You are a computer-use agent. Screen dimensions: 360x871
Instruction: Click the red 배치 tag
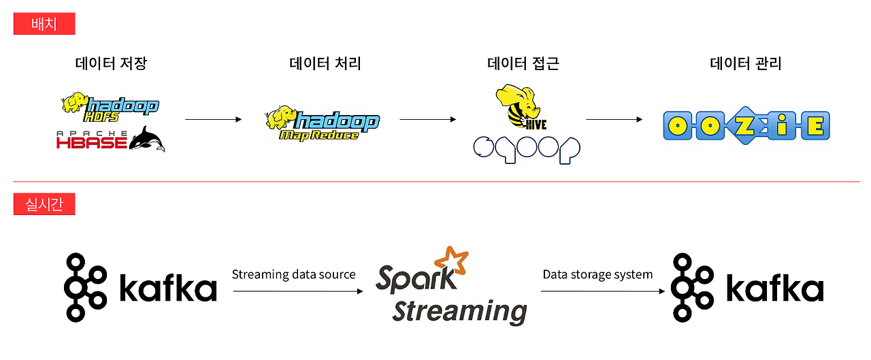coord(44,24)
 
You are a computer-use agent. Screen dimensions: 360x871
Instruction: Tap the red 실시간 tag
coord(44,203)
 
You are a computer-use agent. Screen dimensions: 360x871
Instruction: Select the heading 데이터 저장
coord(111,64)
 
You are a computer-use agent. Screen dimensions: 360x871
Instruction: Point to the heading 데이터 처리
coord(325,64)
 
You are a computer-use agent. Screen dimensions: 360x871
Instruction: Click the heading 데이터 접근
coord(523,64)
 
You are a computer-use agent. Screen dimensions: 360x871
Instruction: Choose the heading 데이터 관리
coord(746,64)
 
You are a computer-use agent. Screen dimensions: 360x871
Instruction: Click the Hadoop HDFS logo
coord(110,105)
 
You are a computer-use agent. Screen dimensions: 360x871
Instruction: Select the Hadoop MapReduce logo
coord(322,123)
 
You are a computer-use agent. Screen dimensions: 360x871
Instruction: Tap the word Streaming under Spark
coord(460,310)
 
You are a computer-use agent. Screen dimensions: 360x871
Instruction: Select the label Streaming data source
coord(293,274)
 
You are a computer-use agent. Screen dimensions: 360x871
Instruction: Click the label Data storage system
coord(597,274)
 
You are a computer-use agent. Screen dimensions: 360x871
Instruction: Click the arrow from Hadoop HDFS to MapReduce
coord(213,120)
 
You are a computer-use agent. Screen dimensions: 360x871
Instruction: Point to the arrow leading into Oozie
coord(614,120)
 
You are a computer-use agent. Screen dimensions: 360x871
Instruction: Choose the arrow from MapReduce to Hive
coord(427,120)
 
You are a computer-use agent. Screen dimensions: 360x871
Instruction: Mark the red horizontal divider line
coord(435,182)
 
